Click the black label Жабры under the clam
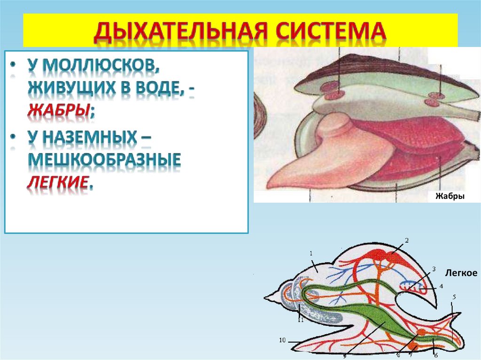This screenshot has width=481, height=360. [x=450, y=196]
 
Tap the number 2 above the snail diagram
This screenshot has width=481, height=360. [x=407, y=240]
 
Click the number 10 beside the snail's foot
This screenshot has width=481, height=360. [x=282, y=340]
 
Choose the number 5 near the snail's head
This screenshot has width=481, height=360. [x=454, y=297]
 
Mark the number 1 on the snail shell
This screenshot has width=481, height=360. [x=311, y=254]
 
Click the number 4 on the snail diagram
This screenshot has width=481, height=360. [x=441, y=286]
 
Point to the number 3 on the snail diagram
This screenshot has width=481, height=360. [x=434, y=269]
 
